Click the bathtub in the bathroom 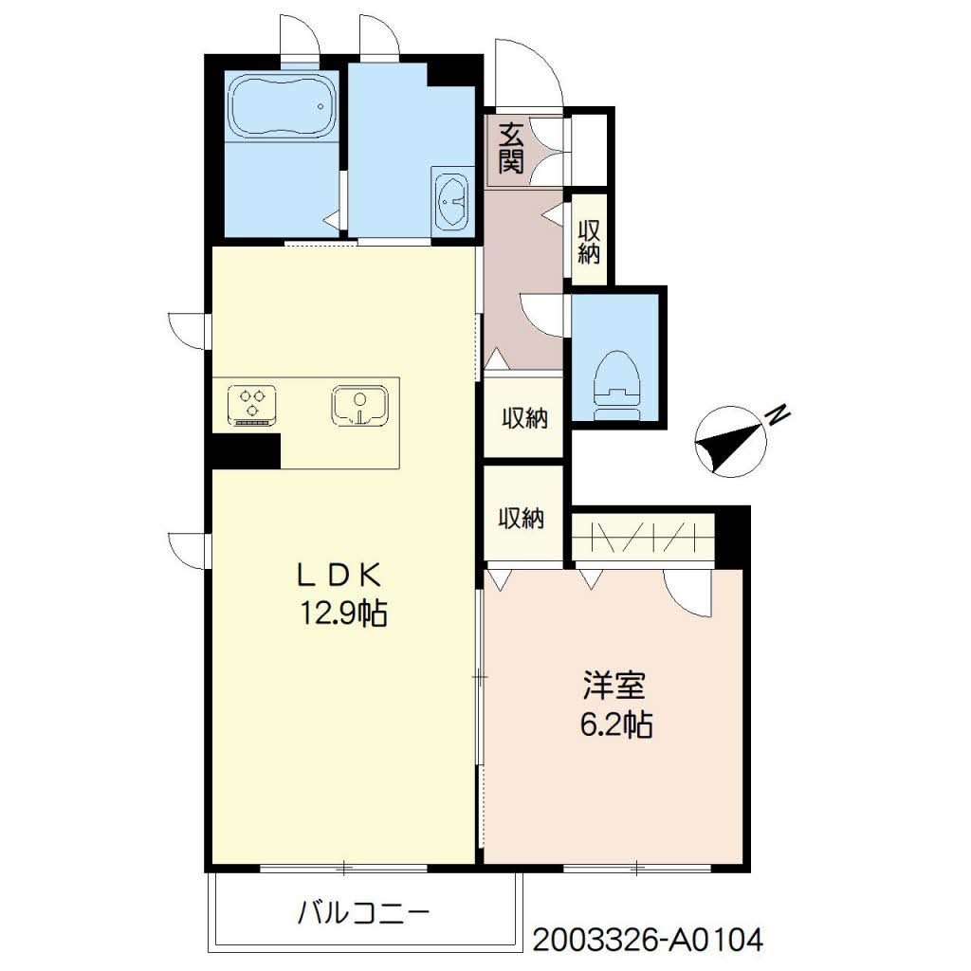pos(283,106)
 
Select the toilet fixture pos(615,385)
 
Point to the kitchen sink pos(359,406)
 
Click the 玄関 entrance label pos(511,149)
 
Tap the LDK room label pos(339,576)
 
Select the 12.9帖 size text pos(343,614)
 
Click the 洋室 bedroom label pos(614,685)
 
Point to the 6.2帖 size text pos(615,724)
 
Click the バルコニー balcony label pos(364,913)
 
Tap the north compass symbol pos(731,442)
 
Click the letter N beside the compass pos(779,415)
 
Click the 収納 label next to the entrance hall pos(589,242)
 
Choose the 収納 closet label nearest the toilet pos(524,419)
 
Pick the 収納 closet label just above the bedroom pos(522,519)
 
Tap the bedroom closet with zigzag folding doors pos(644,537)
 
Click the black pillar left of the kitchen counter pos(247,450)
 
